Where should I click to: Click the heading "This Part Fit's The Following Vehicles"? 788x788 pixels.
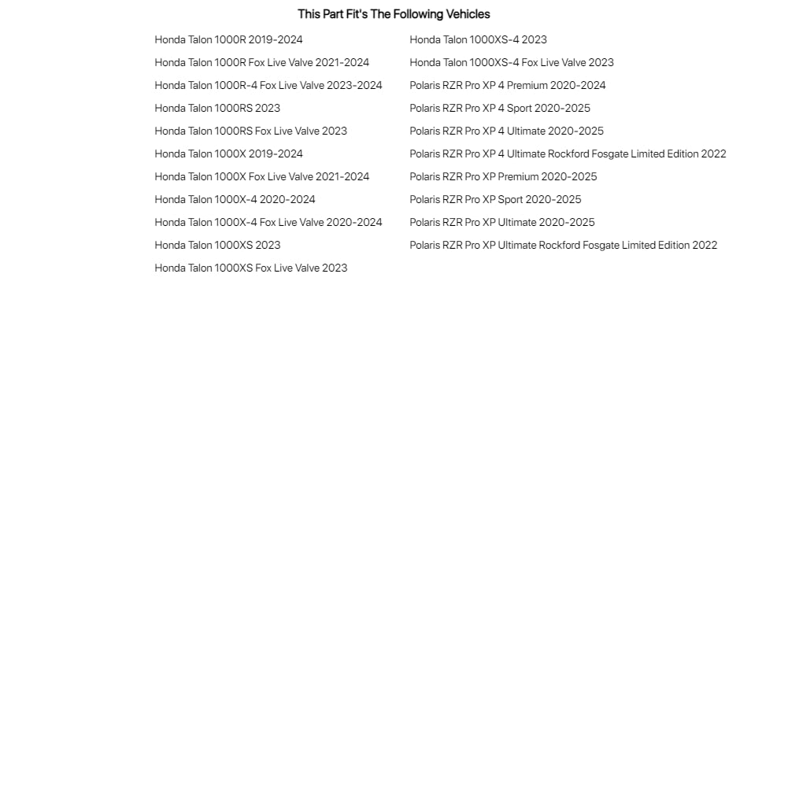[x=394, y=14]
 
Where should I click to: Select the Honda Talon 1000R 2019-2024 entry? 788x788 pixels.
[x=228, y=40]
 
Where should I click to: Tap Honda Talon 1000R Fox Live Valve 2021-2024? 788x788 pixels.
[x=261, y=63]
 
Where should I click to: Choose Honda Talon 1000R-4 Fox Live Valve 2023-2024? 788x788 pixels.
[x=268, y=86]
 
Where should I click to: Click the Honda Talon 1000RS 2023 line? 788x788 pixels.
[x=217, y=109]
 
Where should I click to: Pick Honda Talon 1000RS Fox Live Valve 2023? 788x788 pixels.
[x=250, y=131]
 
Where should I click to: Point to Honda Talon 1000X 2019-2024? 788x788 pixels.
[x=228, y=154]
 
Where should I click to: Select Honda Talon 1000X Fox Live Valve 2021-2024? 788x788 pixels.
[x=261, y=177]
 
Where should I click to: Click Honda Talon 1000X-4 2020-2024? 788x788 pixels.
[x=235, y=200]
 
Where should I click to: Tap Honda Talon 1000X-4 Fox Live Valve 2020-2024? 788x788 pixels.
[x=268, y=223]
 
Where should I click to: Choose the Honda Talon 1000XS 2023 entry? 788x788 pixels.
[x=217, y=246]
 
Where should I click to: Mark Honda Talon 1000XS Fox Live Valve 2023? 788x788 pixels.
[x=250, y=268]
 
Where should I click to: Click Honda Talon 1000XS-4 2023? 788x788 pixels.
[x=478, y=40]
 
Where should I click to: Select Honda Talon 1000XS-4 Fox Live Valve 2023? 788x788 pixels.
[x=511, y=63]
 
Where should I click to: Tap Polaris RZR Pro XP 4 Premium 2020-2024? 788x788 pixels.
[x=507, y=86]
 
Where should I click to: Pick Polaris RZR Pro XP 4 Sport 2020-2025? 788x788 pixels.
[x=499, y=109]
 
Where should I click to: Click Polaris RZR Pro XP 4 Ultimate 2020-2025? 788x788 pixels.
[x=506, y=131]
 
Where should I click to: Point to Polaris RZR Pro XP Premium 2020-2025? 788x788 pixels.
[x=503, y=177]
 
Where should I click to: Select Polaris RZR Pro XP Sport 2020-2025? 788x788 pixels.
[x=495, y=200]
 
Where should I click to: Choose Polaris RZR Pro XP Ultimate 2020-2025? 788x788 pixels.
[x=501, y=223]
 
